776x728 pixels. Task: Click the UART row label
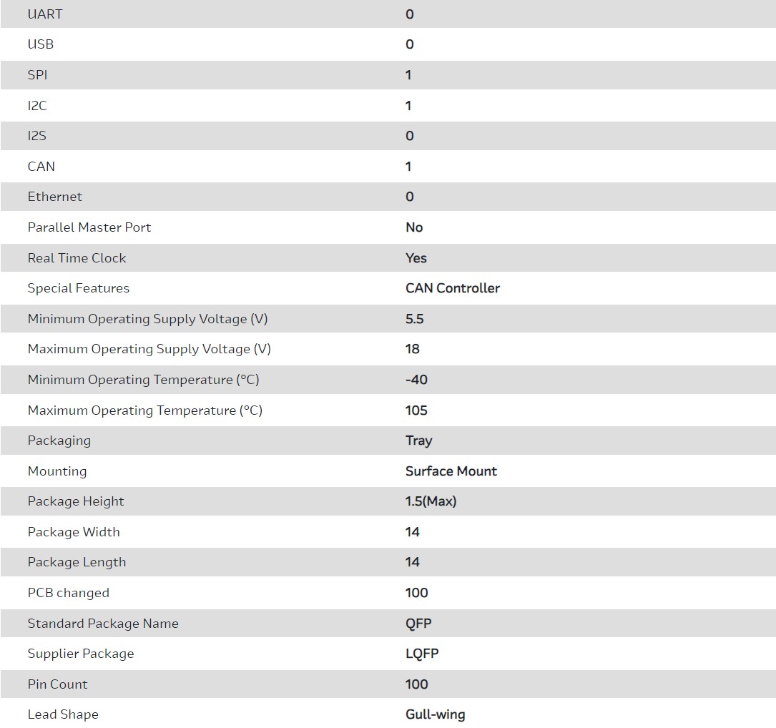pos(45,14)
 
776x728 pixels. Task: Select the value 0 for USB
pos(409,44)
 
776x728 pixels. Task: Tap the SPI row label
pos(38,75)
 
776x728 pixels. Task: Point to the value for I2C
pos(408,106)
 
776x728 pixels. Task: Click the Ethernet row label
pos(55,197)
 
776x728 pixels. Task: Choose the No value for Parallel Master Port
pos(414,227)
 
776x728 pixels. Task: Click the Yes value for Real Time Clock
pos(416,258)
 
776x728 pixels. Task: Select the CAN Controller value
pos(453,288)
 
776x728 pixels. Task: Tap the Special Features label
pos(79,288)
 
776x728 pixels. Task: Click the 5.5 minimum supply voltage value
pos(415,319)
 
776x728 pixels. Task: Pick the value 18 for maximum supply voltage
pos(413,349)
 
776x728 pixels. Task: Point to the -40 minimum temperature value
pos(416,380)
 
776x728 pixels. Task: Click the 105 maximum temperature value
pos(416,410)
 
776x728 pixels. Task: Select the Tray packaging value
pos(418,441)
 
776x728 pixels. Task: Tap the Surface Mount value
pos(451,471)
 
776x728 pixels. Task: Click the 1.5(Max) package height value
pos(431,501)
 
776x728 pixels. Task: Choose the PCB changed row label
pos(69,593)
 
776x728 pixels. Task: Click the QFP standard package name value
pos(418,624)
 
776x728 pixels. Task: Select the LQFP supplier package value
pos(422,654)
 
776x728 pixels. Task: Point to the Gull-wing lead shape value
pos(436,714)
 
